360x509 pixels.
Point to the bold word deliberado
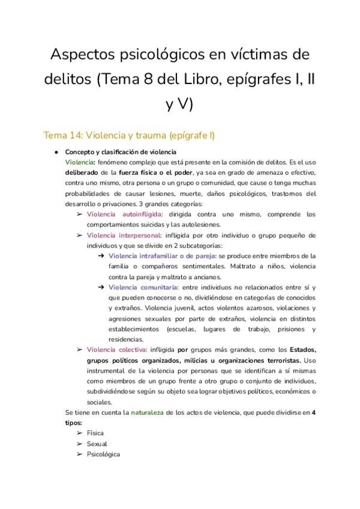coord(80,172)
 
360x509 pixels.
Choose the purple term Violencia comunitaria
coord(143,288)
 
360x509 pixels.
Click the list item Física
coord(95,433)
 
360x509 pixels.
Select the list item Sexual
coord(97,444)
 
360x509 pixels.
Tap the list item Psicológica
coord(103,454)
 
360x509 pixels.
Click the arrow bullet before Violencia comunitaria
coord(102,288)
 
